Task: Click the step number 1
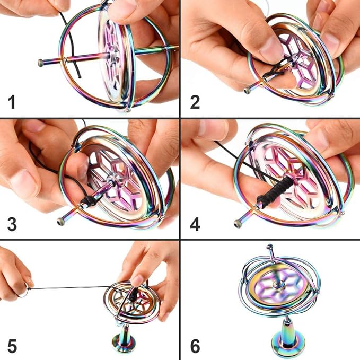coord(12,102)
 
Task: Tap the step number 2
coord(195,102)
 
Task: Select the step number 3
coord(12,224)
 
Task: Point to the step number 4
coord(195,224)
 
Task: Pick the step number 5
coord(12,346)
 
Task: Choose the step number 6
coord(195,346)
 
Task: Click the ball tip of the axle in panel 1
coord(41,63)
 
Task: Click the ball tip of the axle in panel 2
coord(247,91)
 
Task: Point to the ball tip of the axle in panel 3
coord(60,222)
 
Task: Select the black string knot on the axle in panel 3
coord(89,200)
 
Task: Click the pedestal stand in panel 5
coord(124,339)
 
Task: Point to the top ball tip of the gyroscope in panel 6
coord(269,247)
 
